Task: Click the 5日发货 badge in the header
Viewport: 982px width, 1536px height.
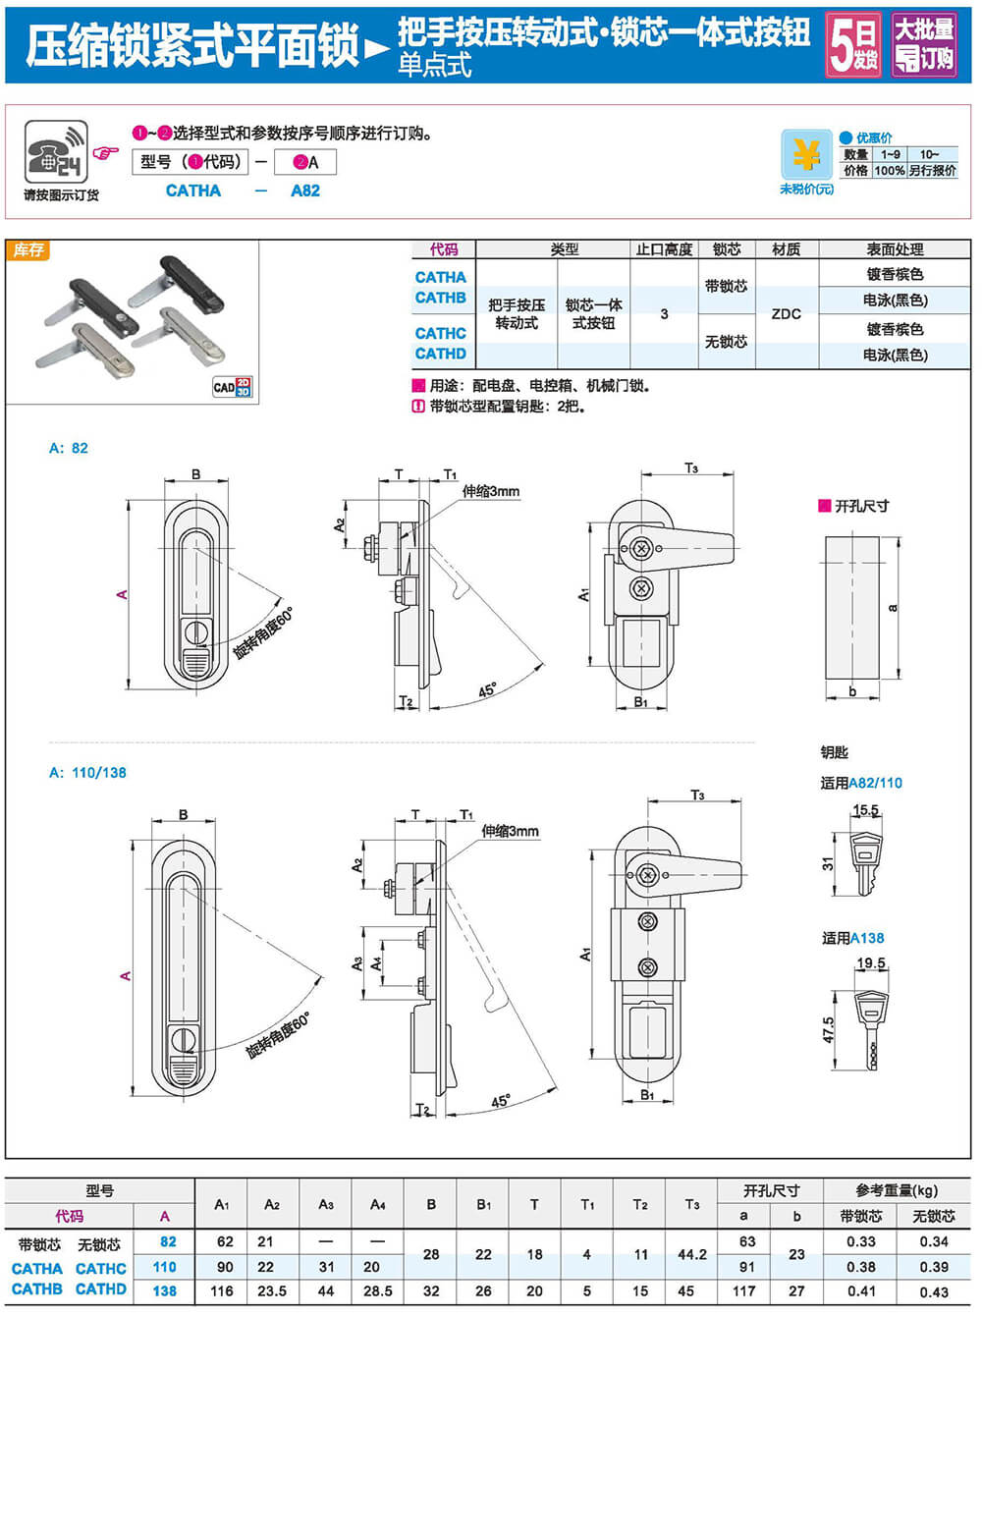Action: [853, 44]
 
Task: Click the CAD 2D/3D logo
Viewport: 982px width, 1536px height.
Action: [232, 387]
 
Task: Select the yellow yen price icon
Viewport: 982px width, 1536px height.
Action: [806, 155]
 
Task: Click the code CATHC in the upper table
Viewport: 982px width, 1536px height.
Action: [440, 333]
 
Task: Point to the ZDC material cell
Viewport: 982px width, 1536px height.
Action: [786, 314]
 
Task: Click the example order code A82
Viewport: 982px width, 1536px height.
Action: [305, 191]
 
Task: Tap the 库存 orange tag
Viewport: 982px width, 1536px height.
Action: [28, 250]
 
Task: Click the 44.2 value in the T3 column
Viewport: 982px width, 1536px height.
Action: [692, 1254]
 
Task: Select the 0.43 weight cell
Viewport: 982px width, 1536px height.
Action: [934, 1291]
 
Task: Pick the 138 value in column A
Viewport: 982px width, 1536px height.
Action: [165, 1290]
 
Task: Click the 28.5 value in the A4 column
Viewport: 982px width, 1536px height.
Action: [377, 1290]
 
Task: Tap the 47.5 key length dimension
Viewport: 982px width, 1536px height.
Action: [829, 1029]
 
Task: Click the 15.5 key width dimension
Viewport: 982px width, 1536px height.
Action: [865, 810]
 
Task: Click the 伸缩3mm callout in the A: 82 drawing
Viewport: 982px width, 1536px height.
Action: [490, 491]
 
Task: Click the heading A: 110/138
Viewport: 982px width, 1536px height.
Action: [88, 773]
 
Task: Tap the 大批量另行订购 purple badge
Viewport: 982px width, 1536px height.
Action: [924, 44]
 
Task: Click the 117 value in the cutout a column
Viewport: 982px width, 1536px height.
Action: [743, 1290]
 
